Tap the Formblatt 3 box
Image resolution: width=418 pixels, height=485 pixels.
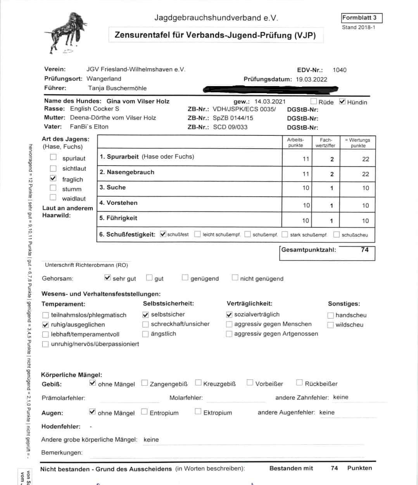[361, 18]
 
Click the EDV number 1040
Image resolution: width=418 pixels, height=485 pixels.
[339, 70]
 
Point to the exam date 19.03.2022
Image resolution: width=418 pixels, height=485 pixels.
[311, 80]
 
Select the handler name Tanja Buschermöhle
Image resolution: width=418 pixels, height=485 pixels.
[117, 88]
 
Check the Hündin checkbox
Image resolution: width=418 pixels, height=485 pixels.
[342, 102]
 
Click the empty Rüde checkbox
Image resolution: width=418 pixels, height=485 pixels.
[314, 102]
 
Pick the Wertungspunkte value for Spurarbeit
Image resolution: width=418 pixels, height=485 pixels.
[365, 159]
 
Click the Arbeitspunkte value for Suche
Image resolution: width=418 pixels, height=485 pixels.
[306, 188]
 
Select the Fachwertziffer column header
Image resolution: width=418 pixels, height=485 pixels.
[326, 142]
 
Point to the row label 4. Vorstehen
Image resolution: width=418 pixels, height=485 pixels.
[118, 203]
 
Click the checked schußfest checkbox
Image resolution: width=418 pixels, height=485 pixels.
[163, 234]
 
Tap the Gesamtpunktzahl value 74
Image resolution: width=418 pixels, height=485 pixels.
[364, 250]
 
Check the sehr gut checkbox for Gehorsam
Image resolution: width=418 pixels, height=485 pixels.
[108, 278]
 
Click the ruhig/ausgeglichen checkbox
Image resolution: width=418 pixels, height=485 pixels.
[45, 325]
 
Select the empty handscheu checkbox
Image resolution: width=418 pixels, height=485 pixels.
[331, 315]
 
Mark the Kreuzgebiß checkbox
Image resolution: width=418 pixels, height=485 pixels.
[199, 383]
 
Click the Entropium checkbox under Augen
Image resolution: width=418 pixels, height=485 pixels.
[145, 412]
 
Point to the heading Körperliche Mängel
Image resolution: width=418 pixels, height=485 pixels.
[72, 375]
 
